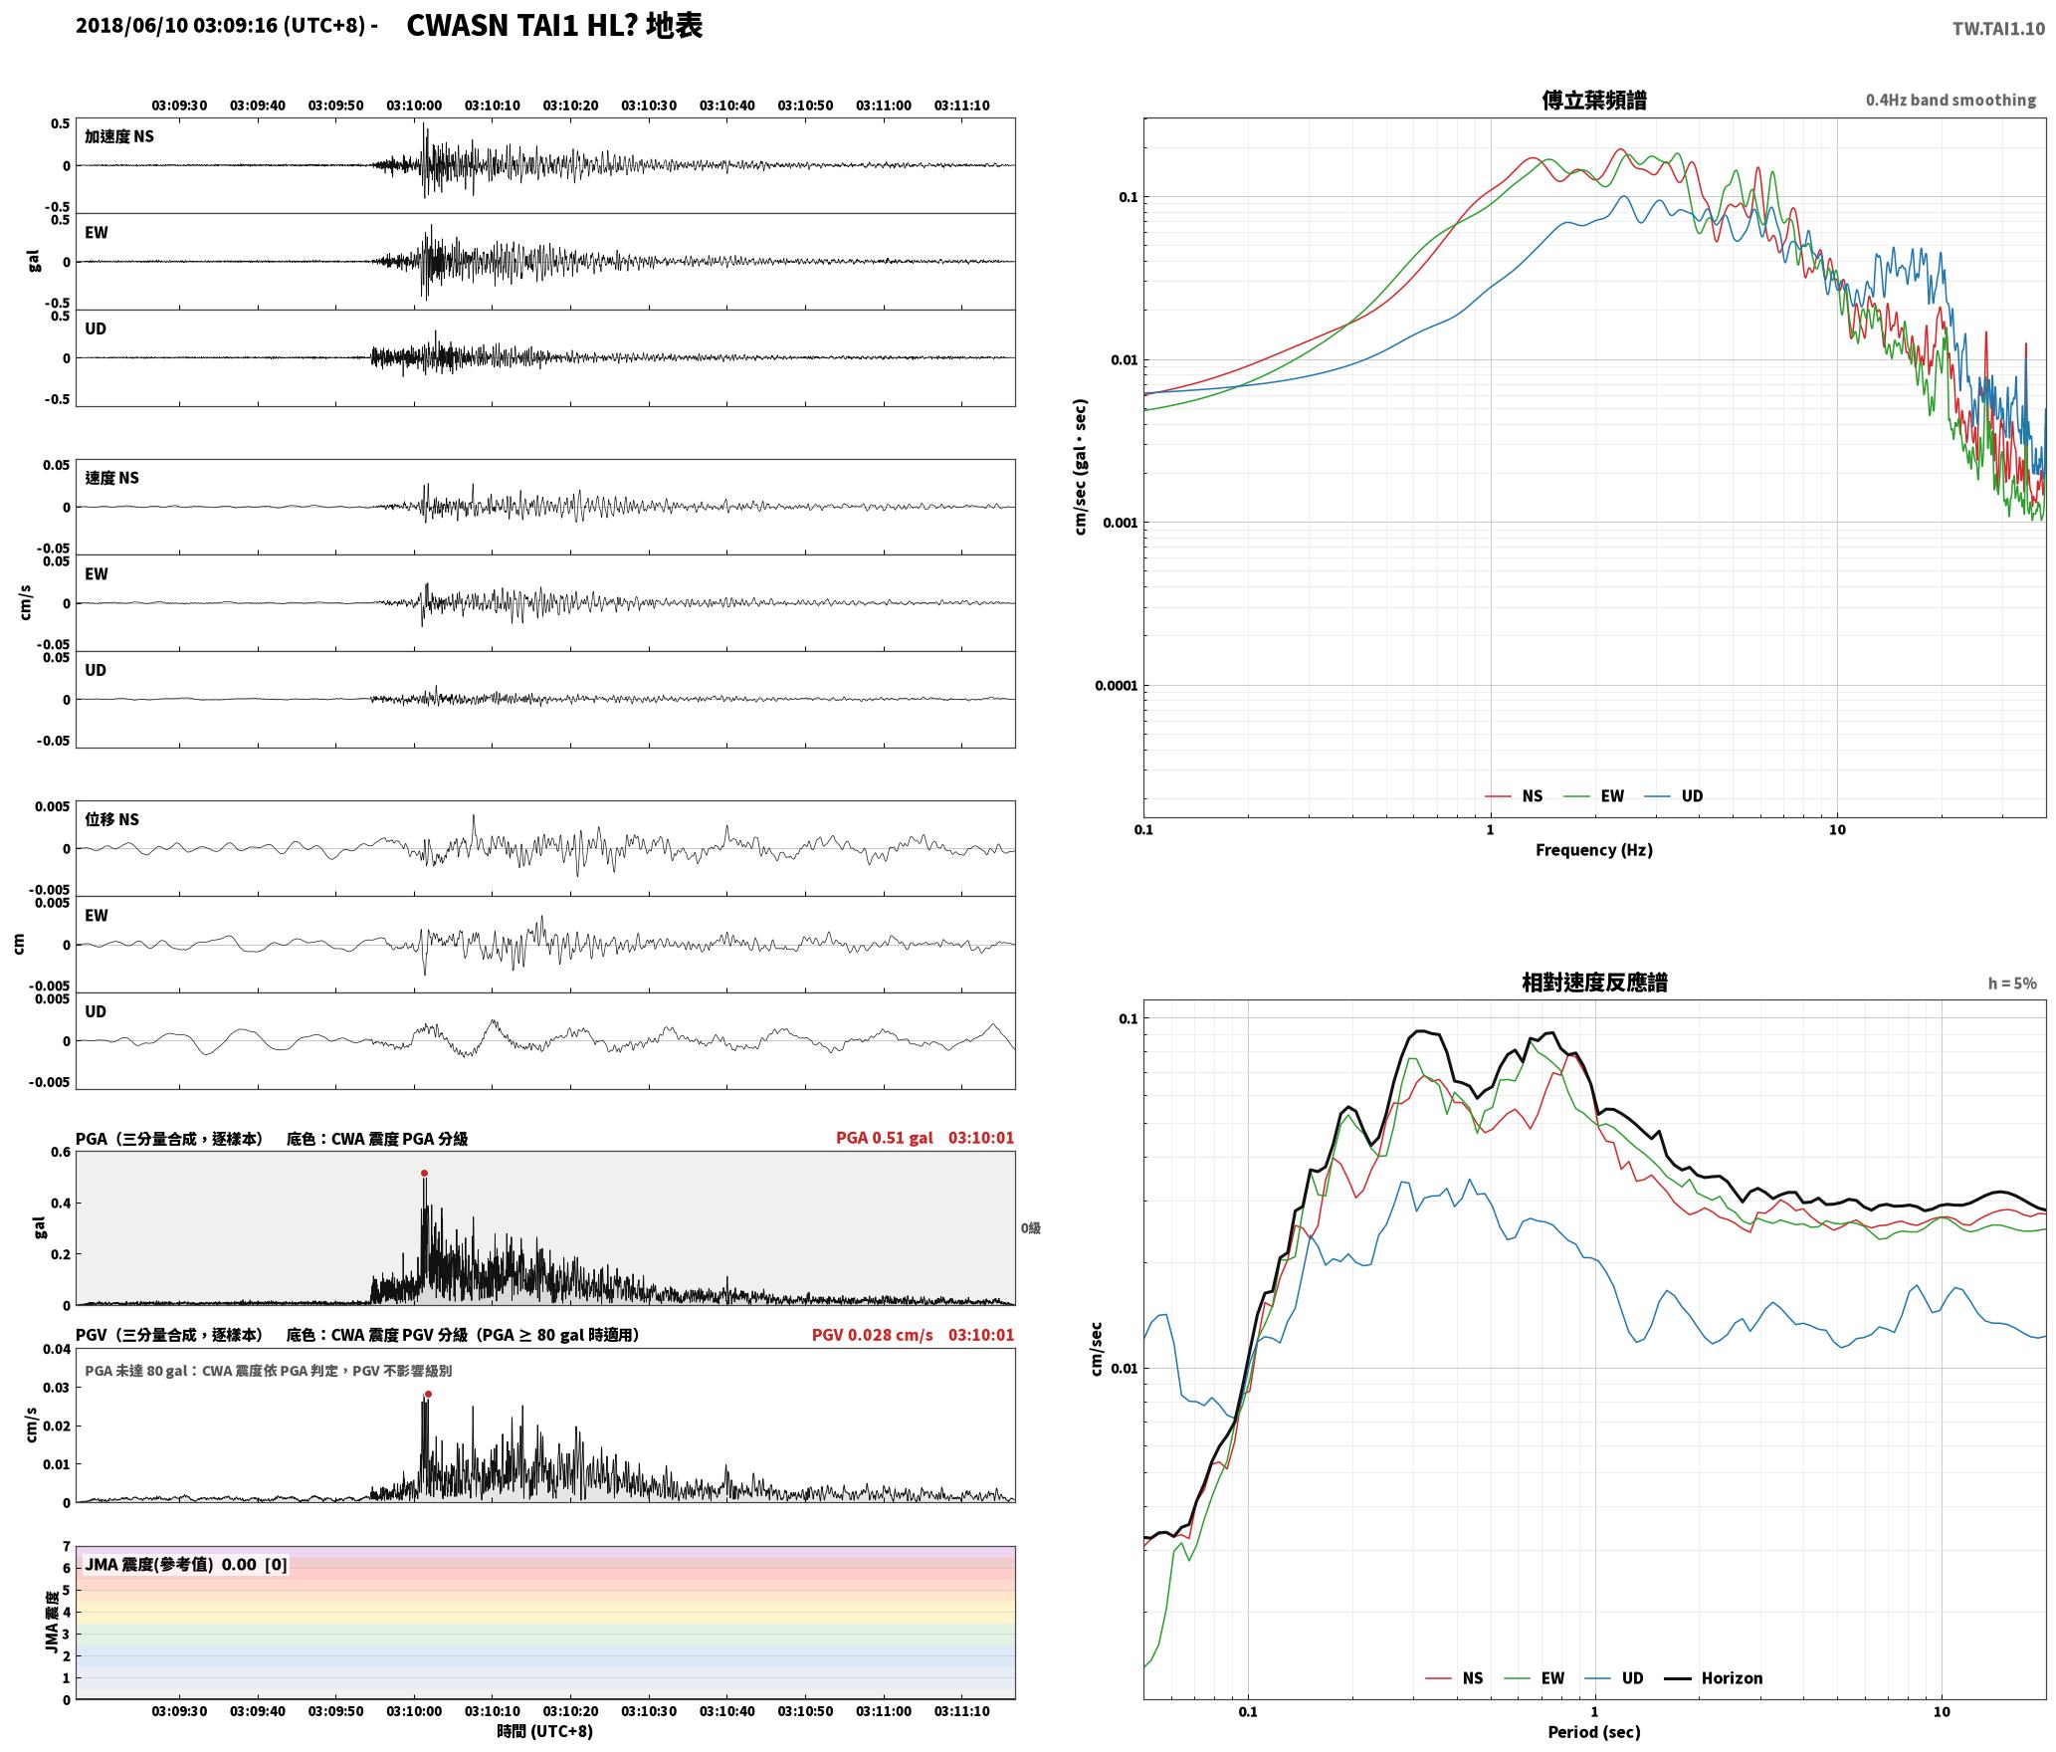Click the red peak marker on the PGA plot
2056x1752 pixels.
[424, 1174]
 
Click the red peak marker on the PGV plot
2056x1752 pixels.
[428, 1395]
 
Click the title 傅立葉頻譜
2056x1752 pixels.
[1594, 100]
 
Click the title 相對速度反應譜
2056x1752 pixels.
[1594, 983]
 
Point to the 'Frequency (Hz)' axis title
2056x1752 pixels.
[1594, 850]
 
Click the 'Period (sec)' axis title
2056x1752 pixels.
[1594, 1732]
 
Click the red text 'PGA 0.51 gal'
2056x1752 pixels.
[885, 1138]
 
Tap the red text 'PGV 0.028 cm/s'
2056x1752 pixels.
[873, 1335]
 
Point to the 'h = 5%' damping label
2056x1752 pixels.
[2012, 984]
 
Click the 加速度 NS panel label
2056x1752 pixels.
[119, 136]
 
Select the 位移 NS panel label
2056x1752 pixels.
[112, 819]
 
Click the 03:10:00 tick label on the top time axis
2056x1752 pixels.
[414, 106]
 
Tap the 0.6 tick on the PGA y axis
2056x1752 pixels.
[61, 1153]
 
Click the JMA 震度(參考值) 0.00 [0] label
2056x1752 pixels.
[186, 1565]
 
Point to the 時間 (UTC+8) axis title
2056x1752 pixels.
[545, 1731]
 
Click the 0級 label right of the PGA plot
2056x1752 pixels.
[1031, 1228]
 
